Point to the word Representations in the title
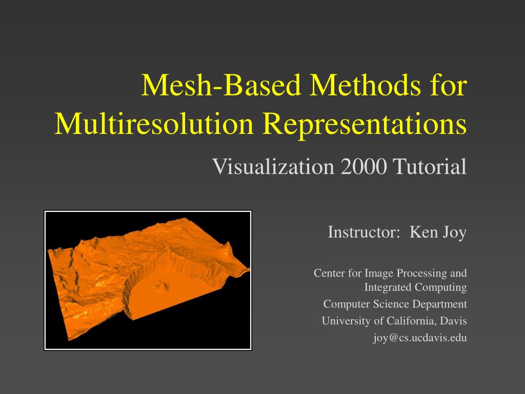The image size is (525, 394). [x=364, y=124]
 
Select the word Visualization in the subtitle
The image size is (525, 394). [x=273, y=166]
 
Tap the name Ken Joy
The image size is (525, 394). [x=438, y=232]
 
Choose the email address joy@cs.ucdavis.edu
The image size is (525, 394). [x=419, y=338]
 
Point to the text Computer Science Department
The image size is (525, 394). [x=395, y=304]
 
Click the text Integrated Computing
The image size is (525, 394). [x=415, y=287]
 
